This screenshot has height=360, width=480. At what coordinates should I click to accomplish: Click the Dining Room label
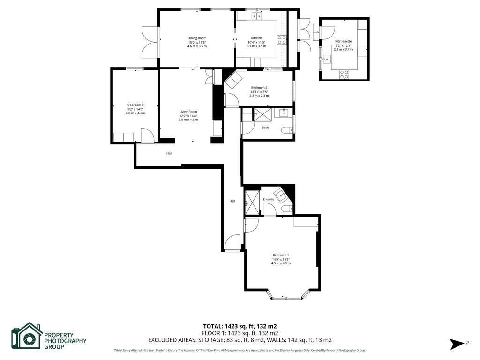click(197, 38)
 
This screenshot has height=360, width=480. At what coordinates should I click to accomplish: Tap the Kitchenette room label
click(344, 41)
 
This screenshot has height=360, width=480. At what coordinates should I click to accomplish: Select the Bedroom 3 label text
click(135, 105)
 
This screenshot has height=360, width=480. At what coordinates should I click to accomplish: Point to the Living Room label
click(188, 112)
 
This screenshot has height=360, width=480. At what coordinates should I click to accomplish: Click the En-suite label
click(269, 199)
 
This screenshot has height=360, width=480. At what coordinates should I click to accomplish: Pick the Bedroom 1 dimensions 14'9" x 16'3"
click(281, 259)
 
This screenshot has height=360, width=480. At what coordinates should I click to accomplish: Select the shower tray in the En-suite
click(252, 202)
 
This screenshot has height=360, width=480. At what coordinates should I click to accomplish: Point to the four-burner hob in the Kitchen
click(282, 40)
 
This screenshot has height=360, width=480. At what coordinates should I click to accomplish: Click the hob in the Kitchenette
click(344, 75)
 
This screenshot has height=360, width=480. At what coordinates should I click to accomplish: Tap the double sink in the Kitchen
click(257, 15)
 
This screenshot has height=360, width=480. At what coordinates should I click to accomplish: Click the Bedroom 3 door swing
click(147, 135)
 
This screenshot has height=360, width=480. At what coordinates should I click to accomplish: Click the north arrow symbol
click(457, 344)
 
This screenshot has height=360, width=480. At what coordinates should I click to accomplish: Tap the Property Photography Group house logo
click(27, 336)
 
